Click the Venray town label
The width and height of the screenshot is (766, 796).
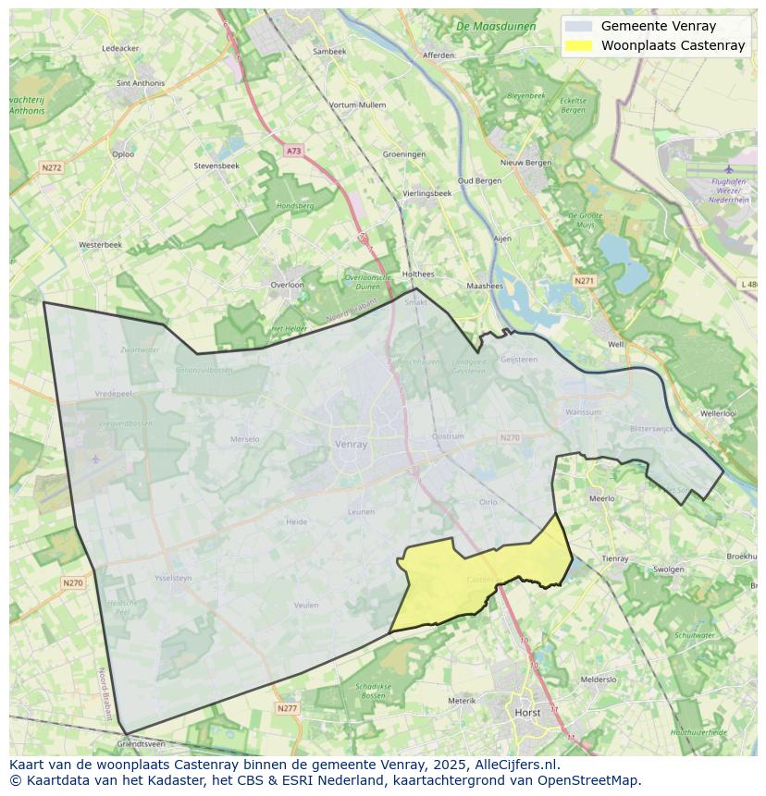pyautogui.click(x=351, y=444)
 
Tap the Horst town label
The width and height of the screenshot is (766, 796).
pyautogui.click(x=527, y=713)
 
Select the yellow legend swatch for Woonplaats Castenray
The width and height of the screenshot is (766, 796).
pyautogui.click(x=579, y=45)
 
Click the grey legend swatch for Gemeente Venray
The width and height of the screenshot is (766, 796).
pyautogui.click(x=579, y=26)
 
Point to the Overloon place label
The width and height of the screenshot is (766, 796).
pyautogui.click(x=287, y=285)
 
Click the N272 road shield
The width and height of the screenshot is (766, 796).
pyautogui.click(x=51, y=167)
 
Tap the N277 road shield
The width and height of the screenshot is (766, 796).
pyautogui.click(x=287, y=708)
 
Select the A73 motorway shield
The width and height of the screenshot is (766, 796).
pyautogui.click(x=293, y=150)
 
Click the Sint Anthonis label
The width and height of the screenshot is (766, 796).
pyautogui.click(x=141, y=82)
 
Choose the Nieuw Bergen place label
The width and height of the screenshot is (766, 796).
pyautogui.click(x=525, y=162)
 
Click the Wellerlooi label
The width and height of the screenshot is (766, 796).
pyautogui.click(x=718, y=413)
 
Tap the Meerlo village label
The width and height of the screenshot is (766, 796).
pyautogui.click(x=601, y=498)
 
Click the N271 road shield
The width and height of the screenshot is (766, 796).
pyautogui.click(x=584, y=280)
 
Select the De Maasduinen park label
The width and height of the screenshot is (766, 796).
pyautogui.click(x=496, y=26)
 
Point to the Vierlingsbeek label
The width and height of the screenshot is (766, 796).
pyautogui.click(x=427, y=193)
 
